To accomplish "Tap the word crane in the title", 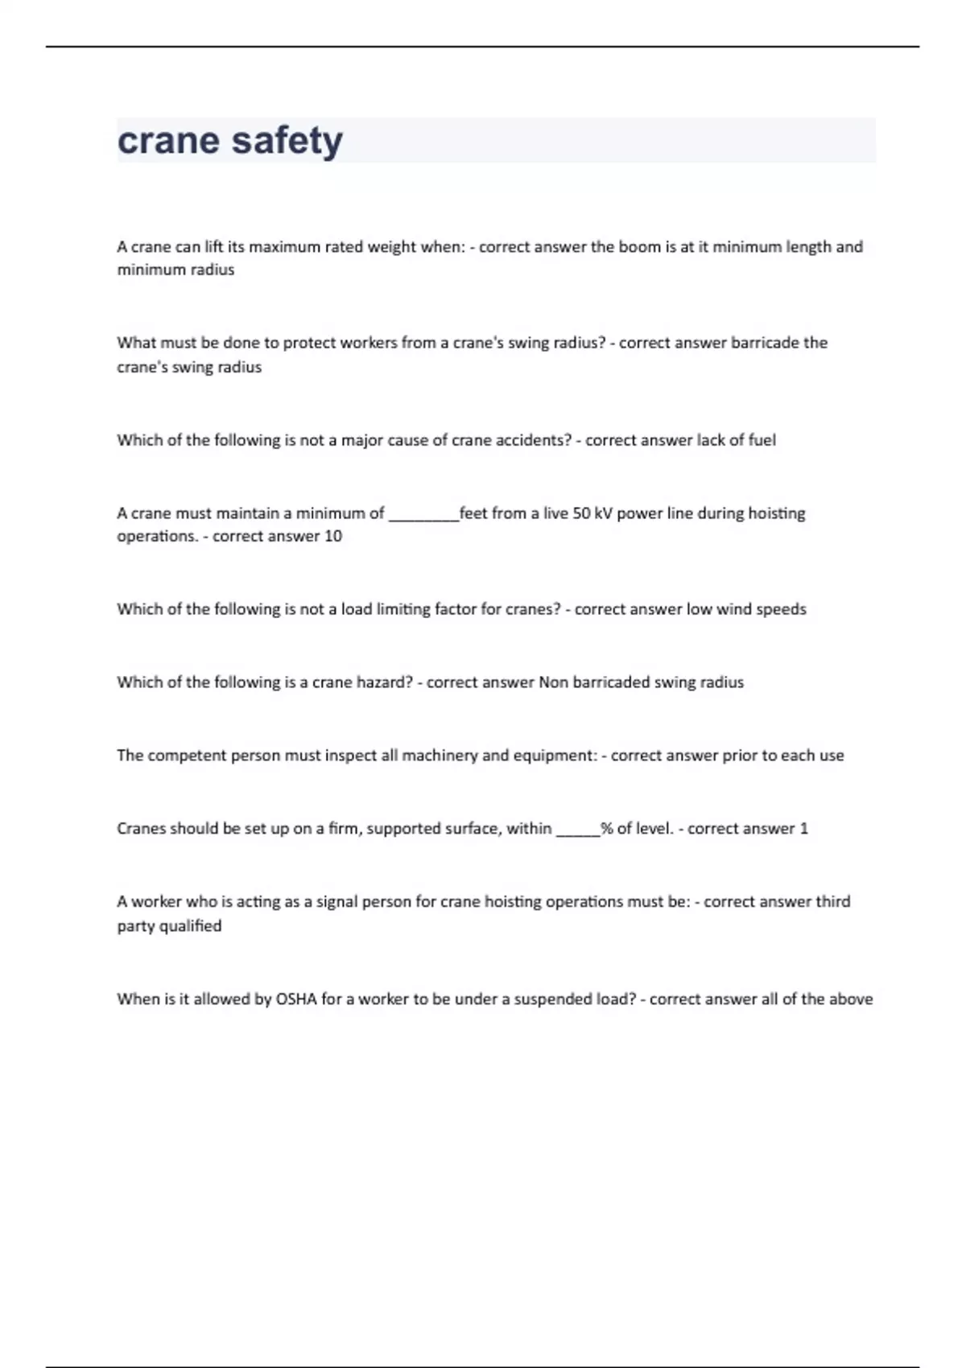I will (x=168, y=141).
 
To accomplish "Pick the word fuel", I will (x=762, y=440).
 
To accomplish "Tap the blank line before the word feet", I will (x=423, y=515).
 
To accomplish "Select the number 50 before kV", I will (x=581, y=513).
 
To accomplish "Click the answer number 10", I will (x=333, y=536).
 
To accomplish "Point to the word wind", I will (x=733, y=609).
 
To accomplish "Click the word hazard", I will (x=384, y=682).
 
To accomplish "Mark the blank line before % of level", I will (x=578, y=830).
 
